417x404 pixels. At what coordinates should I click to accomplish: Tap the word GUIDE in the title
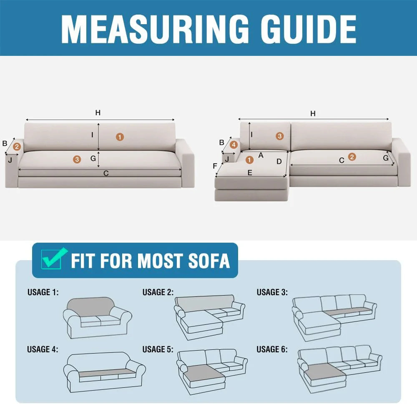[x=309, y=29]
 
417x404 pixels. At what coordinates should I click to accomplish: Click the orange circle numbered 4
[x=234, y=145]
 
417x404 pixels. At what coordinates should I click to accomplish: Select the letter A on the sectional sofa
[x=261, y=155]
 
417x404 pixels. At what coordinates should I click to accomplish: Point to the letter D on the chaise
[x=279, y=161]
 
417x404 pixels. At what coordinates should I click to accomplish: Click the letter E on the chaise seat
[x=250, y=173]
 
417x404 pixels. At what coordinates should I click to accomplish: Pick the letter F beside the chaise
[x=215, y=166]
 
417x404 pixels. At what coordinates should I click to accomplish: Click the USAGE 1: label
[x=43, y=292]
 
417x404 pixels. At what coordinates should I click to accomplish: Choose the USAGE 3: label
[x=272, y=292]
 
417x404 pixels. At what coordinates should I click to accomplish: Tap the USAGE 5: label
[x=158, y=349]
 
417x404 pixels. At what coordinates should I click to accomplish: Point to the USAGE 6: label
[x=272, y=349]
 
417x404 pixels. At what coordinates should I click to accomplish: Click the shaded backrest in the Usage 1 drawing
[x=90, y=306]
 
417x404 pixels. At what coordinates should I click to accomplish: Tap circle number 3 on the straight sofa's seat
[x=77, y=159]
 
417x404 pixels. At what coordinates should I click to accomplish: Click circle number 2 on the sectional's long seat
[x=352, y=157]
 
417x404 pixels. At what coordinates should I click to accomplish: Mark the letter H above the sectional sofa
[x=313, y=113]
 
